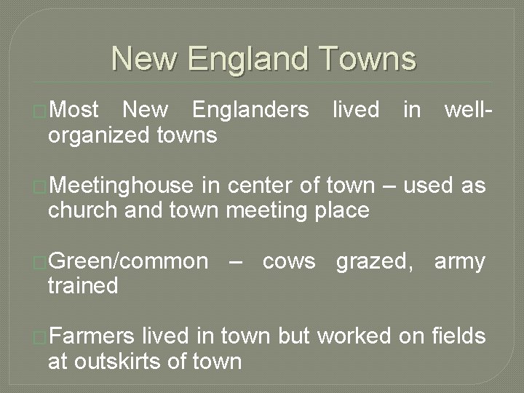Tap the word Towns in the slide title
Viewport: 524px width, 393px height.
(368, 59)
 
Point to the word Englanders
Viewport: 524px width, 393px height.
(250, 110)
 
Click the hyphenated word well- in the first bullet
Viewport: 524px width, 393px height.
(469, 110)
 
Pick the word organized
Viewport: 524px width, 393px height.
(100, 135)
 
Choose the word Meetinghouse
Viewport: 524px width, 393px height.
(122, 186)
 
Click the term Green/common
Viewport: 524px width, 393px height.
(128, 261)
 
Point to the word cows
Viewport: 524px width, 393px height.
(289, 261)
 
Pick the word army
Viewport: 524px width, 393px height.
(459, 261)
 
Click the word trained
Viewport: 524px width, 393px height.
(83, 286)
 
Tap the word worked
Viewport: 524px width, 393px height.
(354, 336)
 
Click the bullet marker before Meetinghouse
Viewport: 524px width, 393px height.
(41, 188)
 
